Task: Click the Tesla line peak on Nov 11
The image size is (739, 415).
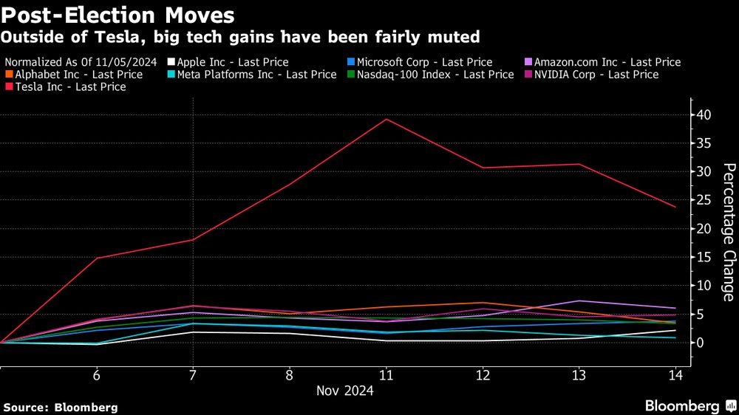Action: (x=386, y=119)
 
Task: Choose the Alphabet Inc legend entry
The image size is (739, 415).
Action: (x=74, y=74)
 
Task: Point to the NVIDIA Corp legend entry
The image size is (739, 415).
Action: (x=591, y=74)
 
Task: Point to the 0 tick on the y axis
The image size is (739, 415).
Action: (x=698, y=343)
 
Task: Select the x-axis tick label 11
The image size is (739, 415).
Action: (x=386, y=375)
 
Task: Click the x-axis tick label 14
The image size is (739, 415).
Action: (x=674, y=375)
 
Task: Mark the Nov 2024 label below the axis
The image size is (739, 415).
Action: (x=345, y=391)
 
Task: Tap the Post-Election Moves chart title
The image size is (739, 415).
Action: (x=119, y=15)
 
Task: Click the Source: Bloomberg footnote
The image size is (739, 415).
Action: (x=60, y=407)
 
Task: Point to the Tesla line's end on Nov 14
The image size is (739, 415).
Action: (x=675, y=207)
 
